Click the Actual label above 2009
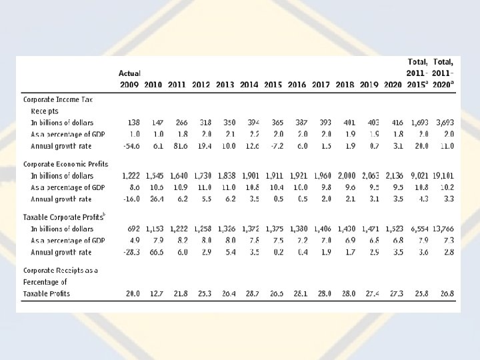point(129,73)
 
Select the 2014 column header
point(249,85)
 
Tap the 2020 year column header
point(393,85)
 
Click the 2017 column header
point(321,85)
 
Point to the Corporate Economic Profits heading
point(65,163)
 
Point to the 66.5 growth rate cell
point(155,252)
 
